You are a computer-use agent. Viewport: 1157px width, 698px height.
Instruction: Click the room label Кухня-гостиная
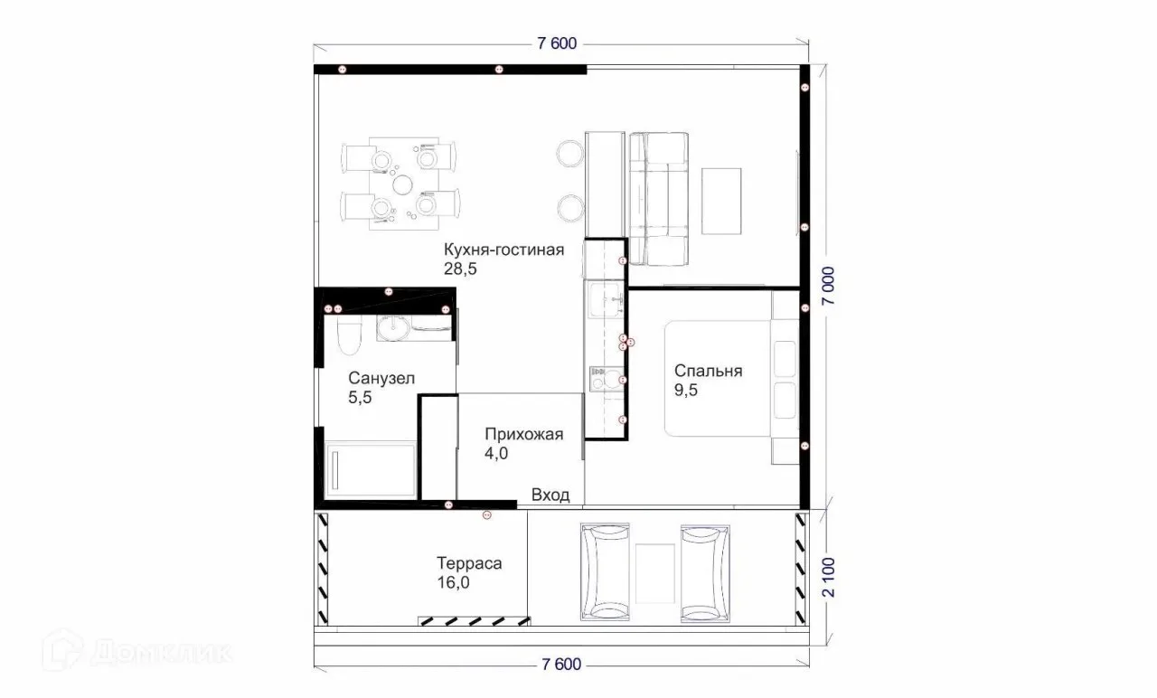tap(503, 250)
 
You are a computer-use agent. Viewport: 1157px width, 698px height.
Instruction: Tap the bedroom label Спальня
tap(708, 371)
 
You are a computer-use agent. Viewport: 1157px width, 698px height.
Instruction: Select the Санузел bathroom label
tap(381, 378)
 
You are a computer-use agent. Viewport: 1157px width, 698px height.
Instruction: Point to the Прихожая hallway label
tap(523, 435)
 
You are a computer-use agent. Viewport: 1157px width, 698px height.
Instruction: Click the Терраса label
tap(469, 563)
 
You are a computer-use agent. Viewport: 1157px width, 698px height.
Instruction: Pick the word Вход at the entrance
tap(550, 495)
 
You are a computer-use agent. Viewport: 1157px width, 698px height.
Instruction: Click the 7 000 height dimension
tap(827, 286)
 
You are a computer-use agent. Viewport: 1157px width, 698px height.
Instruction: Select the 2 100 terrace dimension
tap(827, 577)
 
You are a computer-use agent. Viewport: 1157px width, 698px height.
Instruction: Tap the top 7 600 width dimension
tap(557, 43)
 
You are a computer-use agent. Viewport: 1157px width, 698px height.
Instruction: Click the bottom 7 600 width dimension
tap(561, 665)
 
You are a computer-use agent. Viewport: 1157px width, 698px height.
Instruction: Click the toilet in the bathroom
tap(349, 335)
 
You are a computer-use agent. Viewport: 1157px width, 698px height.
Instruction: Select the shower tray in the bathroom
tap(371, 469)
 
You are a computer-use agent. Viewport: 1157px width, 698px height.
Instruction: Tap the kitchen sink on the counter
tap(606, 299)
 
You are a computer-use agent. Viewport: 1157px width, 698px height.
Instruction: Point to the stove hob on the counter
tap(606, 379)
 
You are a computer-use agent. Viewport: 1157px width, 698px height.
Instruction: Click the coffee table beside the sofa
tap(721, 201)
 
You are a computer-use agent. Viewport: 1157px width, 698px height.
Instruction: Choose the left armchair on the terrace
tap(605, 572)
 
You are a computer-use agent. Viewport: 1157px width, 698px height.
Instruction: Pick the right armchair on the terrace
tap(705, 573)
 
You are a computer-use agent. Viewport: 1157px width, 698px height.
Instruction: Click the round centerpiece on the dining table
tap(402, 184)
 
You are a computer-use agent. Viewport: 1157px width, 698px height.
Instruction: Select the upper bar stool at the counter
tap(570, 154)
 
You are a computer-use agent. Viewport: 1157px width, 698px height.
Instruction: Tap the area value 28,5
tap(460, 269)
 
